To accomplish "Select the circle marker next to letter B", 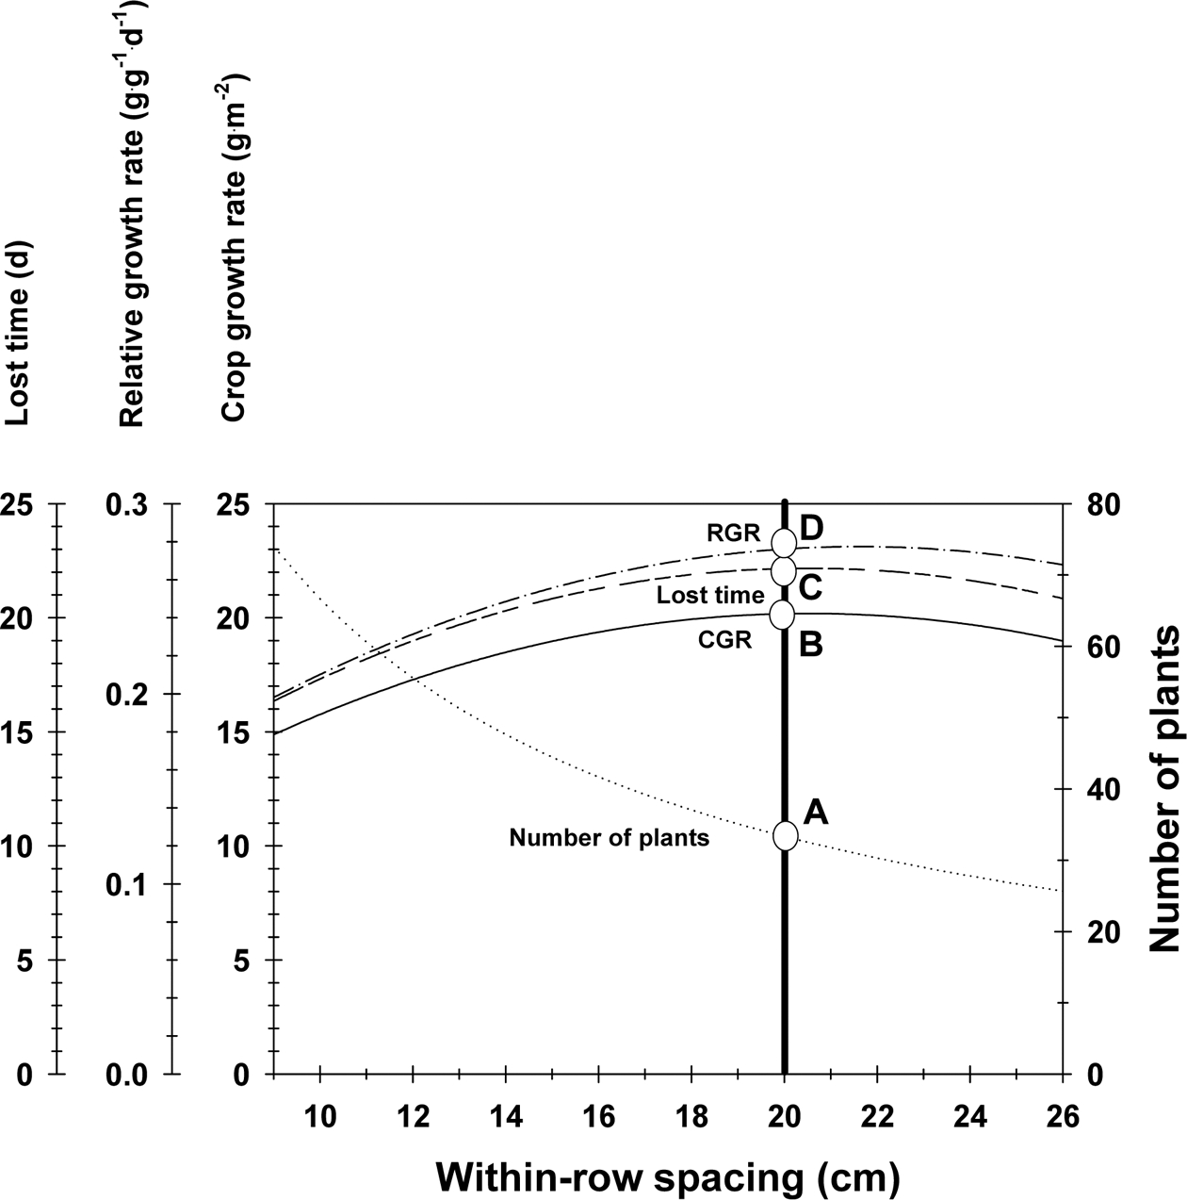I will tap(783, 615).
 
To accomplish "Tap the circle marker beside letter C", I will tap(784, 570).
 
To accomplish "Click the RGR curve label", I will tap(733, 534).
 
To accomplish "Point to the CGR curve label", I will tap(724, 641).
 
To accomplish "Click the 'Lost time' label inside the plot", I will tap(710, 596).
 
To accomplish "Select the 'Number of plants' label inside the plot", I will tap(609, 837).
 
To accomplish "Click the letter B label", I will tap(811, 646).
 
